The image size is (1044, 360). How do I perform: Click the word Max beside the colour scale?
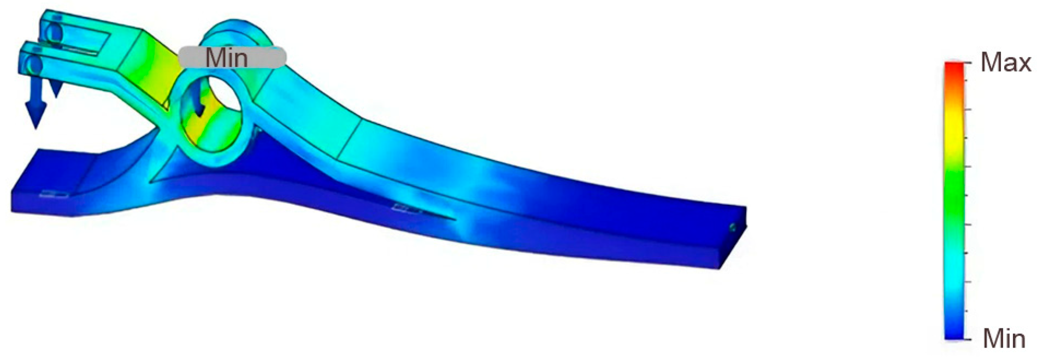pyautogui.click(x=1005, y=63)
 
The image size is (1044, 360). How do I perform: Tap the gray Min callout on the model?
pyautogui.click(x=232, y=57)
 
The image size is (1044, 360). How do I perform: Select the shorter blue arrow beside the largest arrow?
pyautogui.click(x=55, y=87)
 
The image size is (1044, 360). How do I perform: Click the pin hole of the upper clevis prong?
pyautogui.click(x=54, y=33)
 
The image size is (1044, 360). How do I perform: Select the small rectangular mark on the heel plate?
pyautogui.click(x=55, y=194)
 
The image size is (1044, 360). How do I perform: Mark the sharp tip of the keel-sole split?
pyautogui.click(x=455, y=220)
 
